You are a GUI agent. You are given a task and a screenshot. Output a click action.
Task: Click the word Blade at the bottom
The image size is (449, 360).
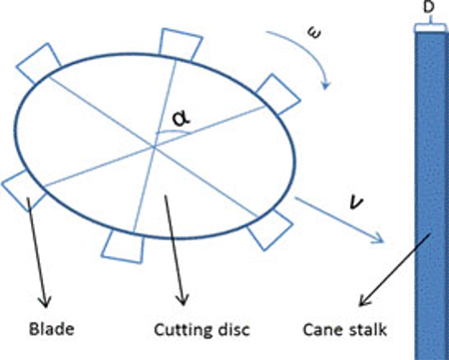(45, 325)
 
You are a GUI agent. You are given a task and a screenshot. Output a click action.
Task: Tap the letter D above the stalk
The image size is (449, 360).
(428, 9)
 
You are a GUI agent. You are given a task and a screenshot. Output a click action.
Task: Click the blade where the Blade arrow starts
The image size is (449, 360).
(22, 186)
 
